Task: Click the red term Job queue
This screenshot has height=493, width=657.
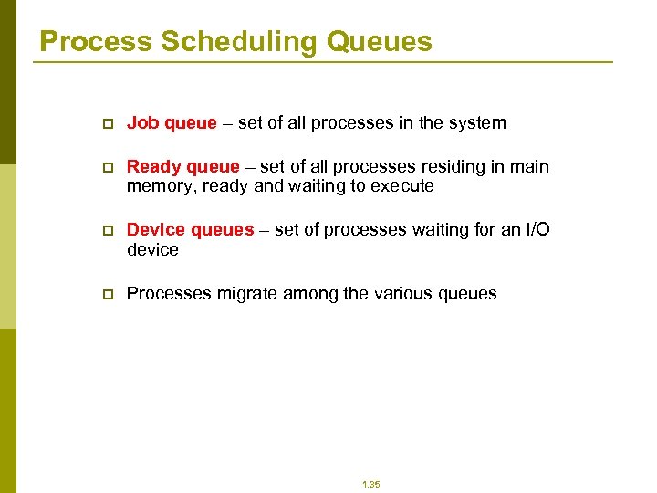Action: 172,123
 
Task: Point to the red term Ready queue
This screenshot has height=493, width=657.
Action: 182,167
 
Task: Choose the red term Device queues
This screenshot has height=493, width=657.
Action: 190,230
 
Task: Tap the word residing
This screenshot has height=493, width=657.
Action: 462,167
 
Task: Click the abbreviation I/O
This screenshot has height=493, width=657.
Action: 538,230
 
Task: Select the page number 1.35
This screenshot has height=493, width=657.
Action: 370,484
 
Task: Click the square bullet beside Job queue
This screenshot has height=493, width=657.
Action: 107,123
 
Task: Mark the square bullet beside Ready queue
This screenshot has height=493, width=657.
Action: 107,167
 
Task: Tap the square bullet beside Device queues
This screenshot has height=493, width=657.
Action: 107,230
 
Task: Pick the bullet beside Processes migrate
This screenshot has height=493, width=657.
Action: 107,294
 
